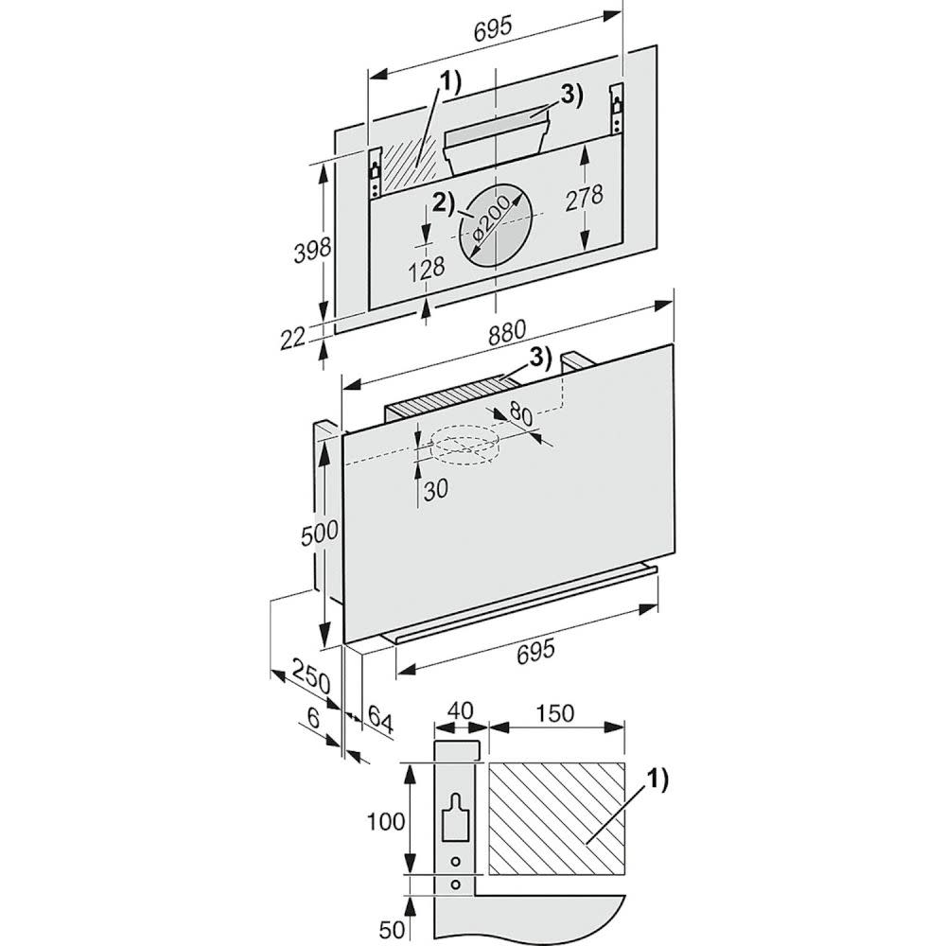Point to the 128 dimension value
(x=427, y=268)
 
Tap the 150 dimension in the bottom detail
(x=553, y=713)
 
